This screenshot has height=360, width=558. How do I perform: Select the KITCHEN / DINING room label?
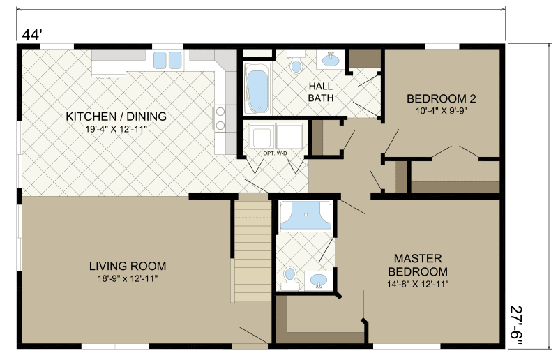116,116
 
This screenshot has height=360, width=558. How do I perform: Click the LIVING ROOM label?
128,266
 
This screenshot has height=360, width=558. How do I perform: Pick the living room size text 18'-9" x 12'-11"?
128,278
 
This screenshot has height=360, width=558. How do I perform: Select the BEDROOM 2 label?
441,98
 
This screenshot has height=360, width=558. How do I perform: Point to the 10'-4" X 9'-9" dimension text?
441,110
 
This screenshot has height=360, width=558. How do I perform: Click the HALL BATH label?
321,92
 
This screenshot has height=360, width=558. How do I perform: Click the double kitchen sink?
167,59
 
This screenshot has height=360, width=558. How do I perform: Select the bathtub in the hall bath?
257,89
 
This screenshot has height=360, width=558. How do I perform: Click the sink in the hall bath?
329,60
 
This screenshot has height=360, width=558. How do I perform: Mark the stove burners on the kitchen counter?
220,118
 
